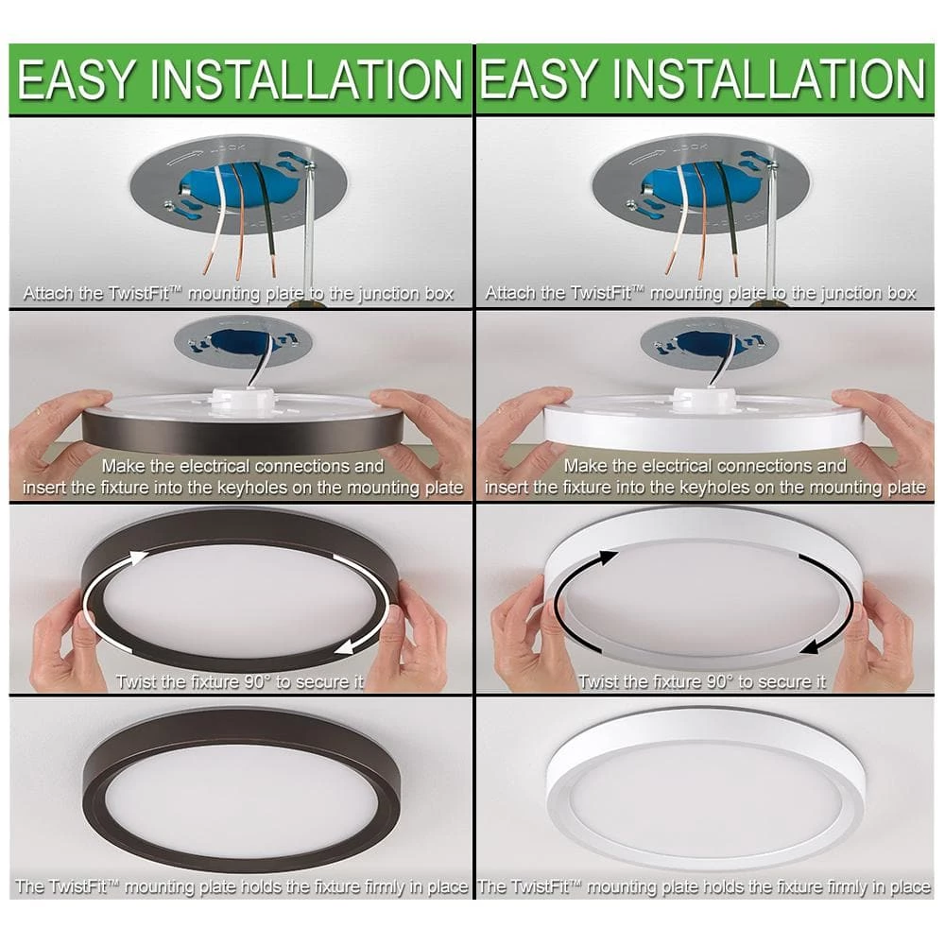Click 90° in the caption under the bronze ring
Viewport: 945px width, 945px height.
tap(253, 681)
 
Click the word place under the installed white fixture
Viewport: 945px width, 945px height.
tap(909, 887)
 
